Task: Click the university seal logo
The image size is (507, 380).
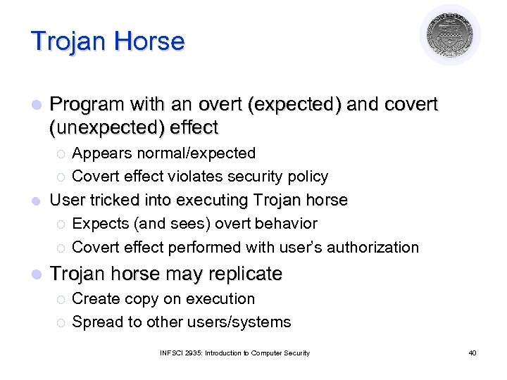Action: click(450, 35)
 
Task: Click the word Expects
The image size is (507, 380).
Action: click(99, 224)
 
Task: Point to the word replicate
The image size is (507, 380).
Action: click(245, 273)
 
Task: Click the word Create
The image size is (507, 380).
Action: click(96, 298)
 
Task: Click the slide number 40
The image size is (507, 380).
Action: click(472, 353)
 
